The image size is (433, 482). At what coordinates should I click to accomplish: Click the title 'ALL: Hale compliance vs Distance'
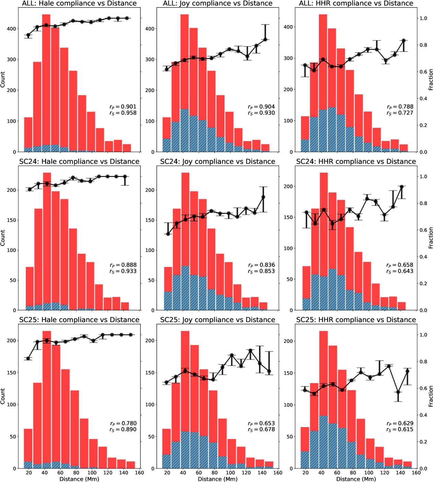click(79, 3)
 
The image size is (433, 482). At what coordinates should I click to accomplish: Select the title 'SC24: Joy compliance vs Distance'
click(218, 161)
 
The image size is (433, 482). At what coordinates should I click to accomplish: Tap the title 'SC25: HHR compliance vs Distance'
click(356, 320)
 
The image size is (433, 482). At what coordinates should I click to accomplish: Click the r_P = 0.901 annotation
click(123, 107)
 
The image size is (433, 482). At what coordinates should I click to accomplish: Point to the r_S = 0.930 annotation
click(261, 113)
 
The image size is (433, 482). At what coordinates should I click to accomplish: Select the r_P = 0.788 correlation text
click(400, 107)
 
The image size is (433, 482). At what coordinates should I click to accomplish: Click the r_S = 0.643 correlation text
click(400, 271)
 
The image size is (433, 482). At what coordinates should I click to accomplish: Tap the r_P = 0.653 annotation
click(261, 423)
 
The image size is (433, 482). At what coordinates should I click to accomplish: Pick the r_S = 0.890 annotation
click(123, 430)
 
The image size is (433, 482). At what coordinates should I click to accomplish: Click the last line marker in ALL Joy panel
click(265, 39)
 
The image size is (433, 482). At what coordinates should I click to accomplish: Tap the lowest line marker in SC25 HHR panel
click(398, 392)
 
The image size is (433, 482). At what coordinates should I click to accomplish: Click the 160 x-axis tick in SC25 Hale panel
click(139, 472)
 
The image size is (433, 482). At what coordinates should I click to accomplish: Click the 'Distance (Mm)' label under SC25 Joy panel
click(218, 479)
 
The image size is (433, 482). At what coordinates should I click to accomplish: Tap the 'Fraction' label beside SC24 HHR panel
click(430, 238)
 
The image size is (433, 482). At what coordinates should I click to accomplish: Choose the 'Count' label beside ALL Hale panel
click(3, 80)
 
